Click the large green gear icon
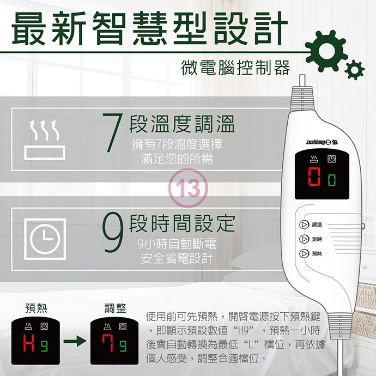(326, 51)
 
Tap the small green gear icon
(355, 70)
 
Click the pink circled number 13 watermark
(188, 188)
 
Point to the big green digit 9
(112, 232)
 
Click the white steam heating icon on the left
(45, 140)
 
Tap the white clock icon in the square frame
(45, 239)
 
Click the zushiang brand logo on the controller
(322, 142)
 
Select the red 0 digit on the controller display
(314, 177)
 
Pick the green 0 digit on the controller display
(332, 180)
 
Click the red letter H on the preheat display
(29, 343)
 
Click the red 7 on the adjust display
(108, 343)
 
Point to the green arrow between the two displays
(75, 341)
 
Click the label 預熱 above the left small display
(36, 308)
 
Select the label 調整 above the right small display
(116, 308)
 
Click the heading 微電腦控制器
(236, 68)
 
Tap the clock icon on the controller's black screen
(332, 159)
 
